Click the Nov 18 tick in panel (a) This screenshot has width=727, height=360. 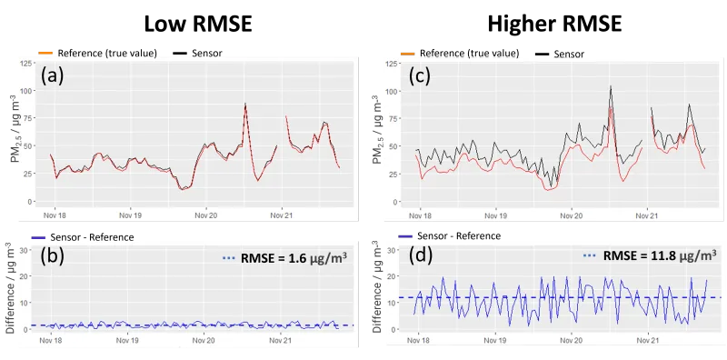53,215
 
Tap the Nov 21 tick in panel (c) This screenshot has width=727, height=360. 645,215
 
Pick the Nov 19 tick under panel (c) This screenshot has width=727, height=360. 495,215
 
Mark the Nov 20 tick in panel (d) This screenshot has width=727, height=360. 571,341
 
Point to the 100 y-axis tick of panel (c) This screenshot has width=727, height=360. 392,92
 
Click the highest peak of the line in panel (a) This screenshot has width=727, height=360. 245,104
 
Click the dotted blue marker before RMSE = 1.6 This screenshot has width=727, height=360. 230,258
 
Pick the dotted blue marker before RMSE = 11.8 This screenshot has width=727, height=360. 589,256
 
